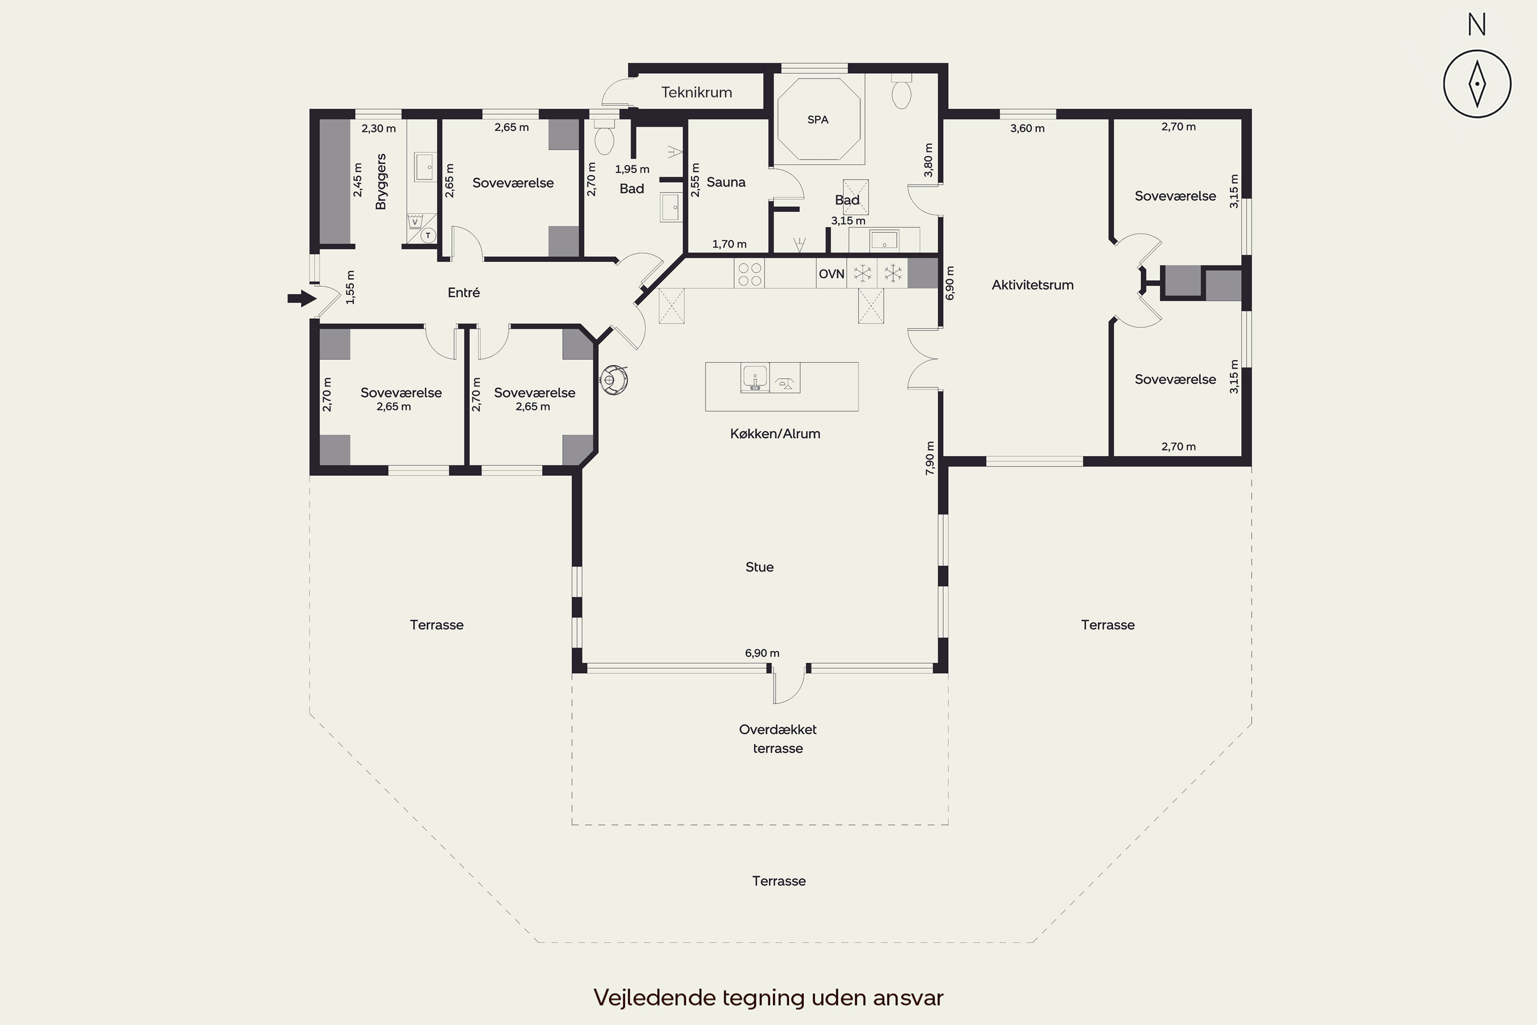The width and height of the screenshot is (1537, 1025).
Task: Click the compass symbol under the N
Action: (x=1477, y=84)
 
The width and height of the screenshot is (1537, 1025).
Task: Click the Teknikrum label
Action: (x=697, y=92)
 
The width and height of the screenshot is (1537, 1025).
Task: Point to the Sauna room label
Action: (x=726, y=182)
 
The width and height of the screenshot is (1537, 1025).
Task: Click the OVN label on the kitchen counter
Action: (x=831, y=274)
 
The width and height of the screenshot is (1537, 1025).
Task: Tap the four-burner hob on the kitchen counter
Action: (x=749, y=274)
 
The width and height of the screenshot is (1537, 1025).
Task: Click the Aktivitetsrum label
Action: (x=1032, y=285)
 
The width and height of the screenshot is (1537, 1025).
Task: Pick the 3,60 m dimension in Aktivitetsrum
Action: (x=1027, y=129)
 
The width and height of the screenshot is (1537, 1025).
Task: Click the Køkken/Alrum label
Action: (x=775, y=434)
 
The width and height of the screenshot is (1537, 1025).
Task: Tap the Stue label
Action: (x=759, y=567)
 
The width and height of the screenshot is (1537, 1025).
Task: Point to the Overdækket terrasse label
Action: (x=778, y=739)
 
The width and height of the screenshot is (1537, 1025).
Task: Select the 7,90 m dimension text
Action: (x=930, y=458)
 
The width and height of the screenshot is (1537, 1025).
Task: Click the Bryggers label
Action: (x=381, y=182)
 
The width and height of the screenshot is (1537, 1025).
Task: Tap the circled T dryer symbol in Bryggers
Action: (x=428, y=235)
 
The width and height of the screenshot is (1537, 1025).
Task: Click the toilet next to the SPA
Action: (x=902, y=93)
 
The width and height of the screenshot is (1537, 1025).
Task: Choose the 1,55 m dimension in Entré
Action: (x=350, y=288)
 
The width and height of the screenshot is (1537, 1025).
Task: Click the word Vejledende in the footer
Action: (x=654, y=997)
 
